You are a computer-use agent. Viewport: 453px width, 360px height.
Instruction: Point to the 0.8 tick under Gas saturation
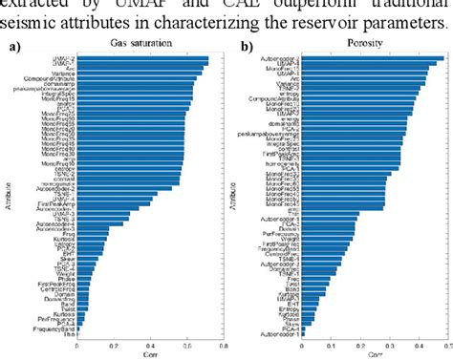coord(223,345)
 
